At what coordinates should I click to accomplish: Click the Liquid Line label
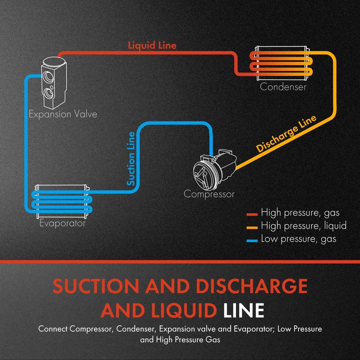coord(152,46)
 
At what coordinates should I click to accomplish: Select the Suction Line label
coord(131,159)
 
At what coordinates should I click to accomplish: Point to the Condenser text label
coord(283,87)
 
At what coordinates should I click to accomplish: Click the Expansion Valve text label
coord(63,114)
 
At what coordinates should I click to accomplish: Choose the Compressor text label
coord(209,194)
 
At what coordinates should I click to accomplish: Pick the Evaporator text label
coord(63,223)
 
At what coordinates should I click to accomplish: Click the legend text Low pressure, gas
coord(298,239)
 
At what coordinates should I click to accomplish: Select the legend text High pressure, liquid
coord(304,226)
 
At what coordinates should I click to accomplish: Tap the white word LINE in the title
coord(243,311)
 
